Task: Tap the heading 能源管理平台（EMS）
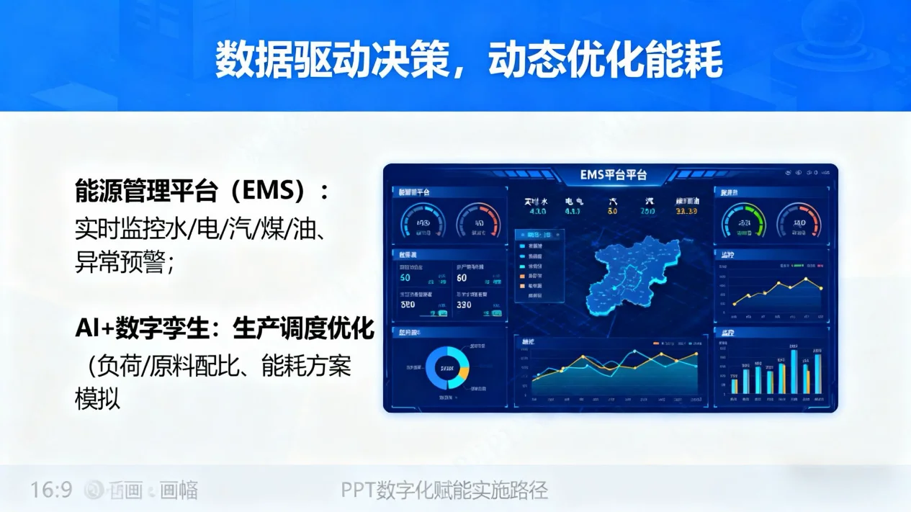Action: (x=202, y=191)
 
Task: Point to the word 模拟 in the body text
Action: (x=98, y=398)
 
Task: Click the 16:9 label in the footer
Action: (x=51, y=490)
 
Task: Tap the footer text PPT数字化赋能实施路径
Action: (x=444, y=490)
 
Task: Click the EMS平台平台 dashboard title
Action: (x=613, y=175)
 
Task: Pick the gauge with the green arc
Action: (x=744, y=220)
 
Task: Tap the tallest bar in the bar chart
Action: (x=794, y=372)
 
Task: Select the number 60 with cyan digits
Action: (x=405, y=278)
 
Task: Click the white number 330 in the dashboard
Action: (x=464, y=305)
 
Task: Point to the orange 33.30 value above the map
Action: (x=686, y=212)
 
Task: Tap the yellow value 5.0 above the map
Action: (x=613, y=212)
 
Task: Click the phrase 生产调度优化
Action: (x=303, y=330)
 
